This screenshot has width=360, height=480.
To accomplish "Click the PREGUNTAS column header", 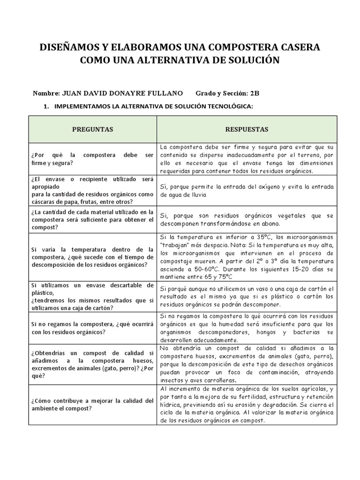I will tap(93, 129).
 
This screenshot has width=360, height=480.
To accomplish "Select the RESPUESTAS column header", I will tap(247, 129).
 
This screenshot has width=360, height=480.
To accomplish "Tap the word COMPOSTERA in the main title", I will tap(245, 47).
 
